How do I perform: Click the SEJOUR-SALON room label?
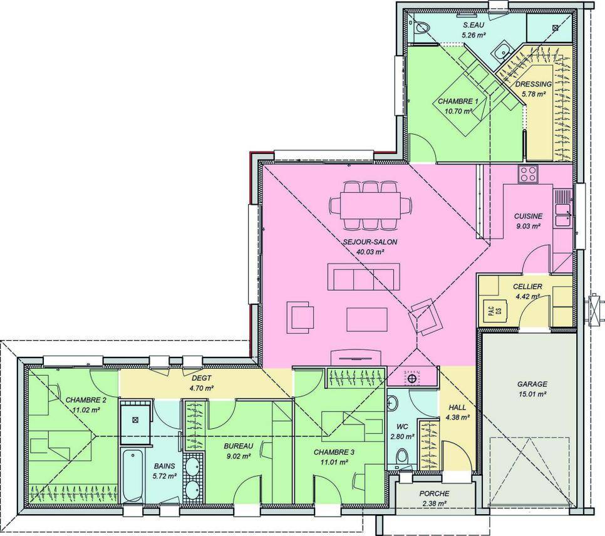pyautogui.click(x=370, y=242)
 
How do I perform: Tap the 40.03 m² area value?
pyautogui.click(x=370, y=252)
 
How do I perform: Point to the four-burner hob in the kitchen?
pyautogui.click(x=528, y=173)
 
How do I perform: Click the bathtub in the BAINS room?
pyautogui.click(x=132, y=475)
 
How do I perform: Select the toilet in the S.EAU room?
pyautogui.click(x=421, y=28)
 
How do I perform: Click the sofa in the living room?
pyautogui.click(x=364, y=276)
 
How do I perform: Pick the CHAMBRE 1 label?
pyautogui.click(x=458, y=101)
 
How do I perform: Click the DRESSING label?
pyautogui.click(x=534, y=84)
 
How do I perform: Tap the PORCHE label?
pyautogui.click(x=434, y=493)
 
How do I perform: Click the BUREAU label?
pyautogui.click(x=239, y=446)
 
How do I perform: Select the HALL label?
pyautogui.click(x=457, y=408)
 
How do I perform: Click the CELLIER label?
pyautogui.click(x=527, y=287)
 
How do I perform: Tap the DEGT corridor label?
pyautogui.click(x=201, y=378)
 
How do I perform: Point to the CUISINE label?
pyautogui.click(x=528, y=216)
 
